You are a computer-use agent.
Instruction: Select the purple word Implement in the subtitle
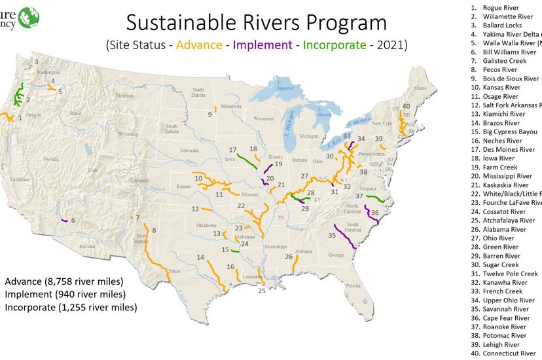tap(262, 45)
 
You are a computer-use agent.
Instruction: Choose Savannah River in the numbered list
tap(505, 309)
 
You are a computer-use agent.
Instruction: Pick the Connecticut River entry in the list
tap(509, 353)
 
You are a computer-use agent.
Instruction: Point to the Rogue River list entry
tap(500, 7)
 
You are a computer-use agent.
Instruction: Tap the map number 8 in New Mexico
tap(154, 230)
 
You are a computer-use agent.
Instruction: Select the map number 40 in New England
tap(406, 106)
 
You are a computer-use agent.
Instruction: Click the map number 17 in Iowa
tap(233, 150)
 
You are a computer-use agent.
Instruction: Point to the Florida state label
tap(353, 286)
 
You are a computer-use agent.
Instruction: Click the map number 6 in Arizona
tap(73, 220)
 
